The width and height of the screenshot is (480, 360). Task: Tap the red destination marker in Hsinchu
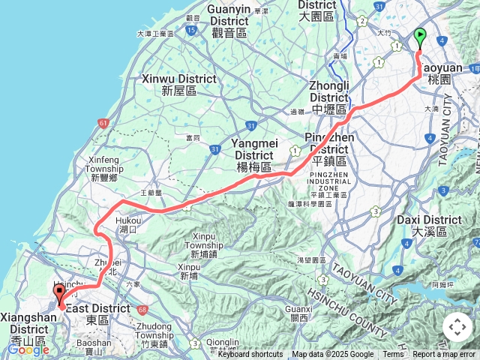pyautogui.click(x=59, y=295)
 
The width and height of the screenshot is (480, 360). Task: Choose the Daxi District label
pyautogui.click(x=436, y=226)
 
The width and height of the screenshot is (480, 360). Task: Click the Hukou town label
pyautogui.click(x=128, y=225)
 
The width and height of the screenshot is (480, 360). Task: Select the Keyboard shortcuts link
pyautogui.click(x=250, y=355)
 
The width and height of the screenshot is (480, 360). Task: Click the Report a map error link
pyautogui.click(x=444, y=355)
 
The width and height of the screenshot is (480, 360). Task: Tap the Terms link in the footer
pyautogui.click(x=393, y=355)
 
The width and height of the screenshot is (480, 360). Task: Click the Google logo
pyautogui.click(x=28, y=349)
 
